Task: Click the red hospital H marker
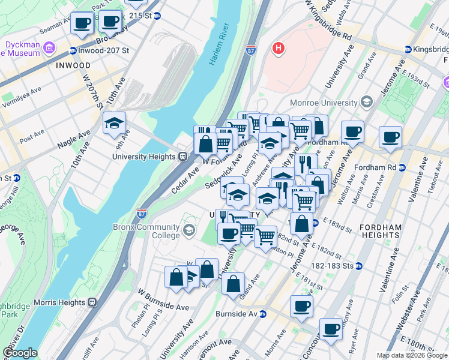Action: [278, 48]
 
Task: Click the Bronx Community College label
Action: [146, 231]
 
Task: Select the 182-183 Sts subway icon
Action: [359, 265]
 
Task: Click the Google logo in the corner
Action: [19, 353]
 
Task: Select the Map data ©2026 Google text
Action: [412, 355]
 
